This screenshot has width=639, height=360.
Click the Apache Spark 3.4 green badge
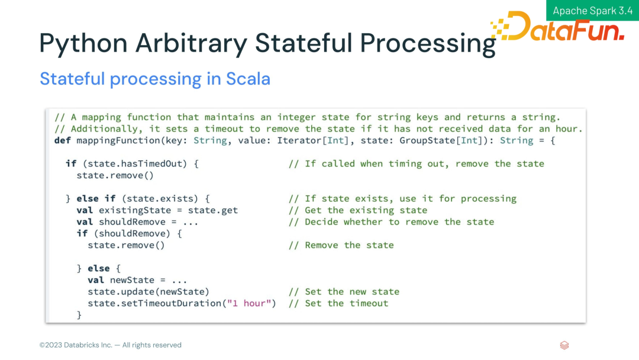coord(592,10)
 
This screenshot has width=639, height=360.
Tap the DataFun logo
coord(557,27)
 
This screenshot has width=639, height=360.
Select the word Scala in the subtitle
coord(248,79)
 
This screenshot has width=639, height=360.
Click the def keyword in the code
coord(62,140)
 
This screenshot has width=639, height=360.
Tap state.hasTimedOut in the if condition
coord(134,164)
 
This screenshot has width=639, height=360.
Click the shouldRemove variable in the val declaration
coord(132,222)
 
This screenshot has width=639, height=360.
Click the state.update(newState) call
coord(149,292)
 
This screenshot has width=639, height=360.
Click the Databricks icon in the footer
coord(564,345)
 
